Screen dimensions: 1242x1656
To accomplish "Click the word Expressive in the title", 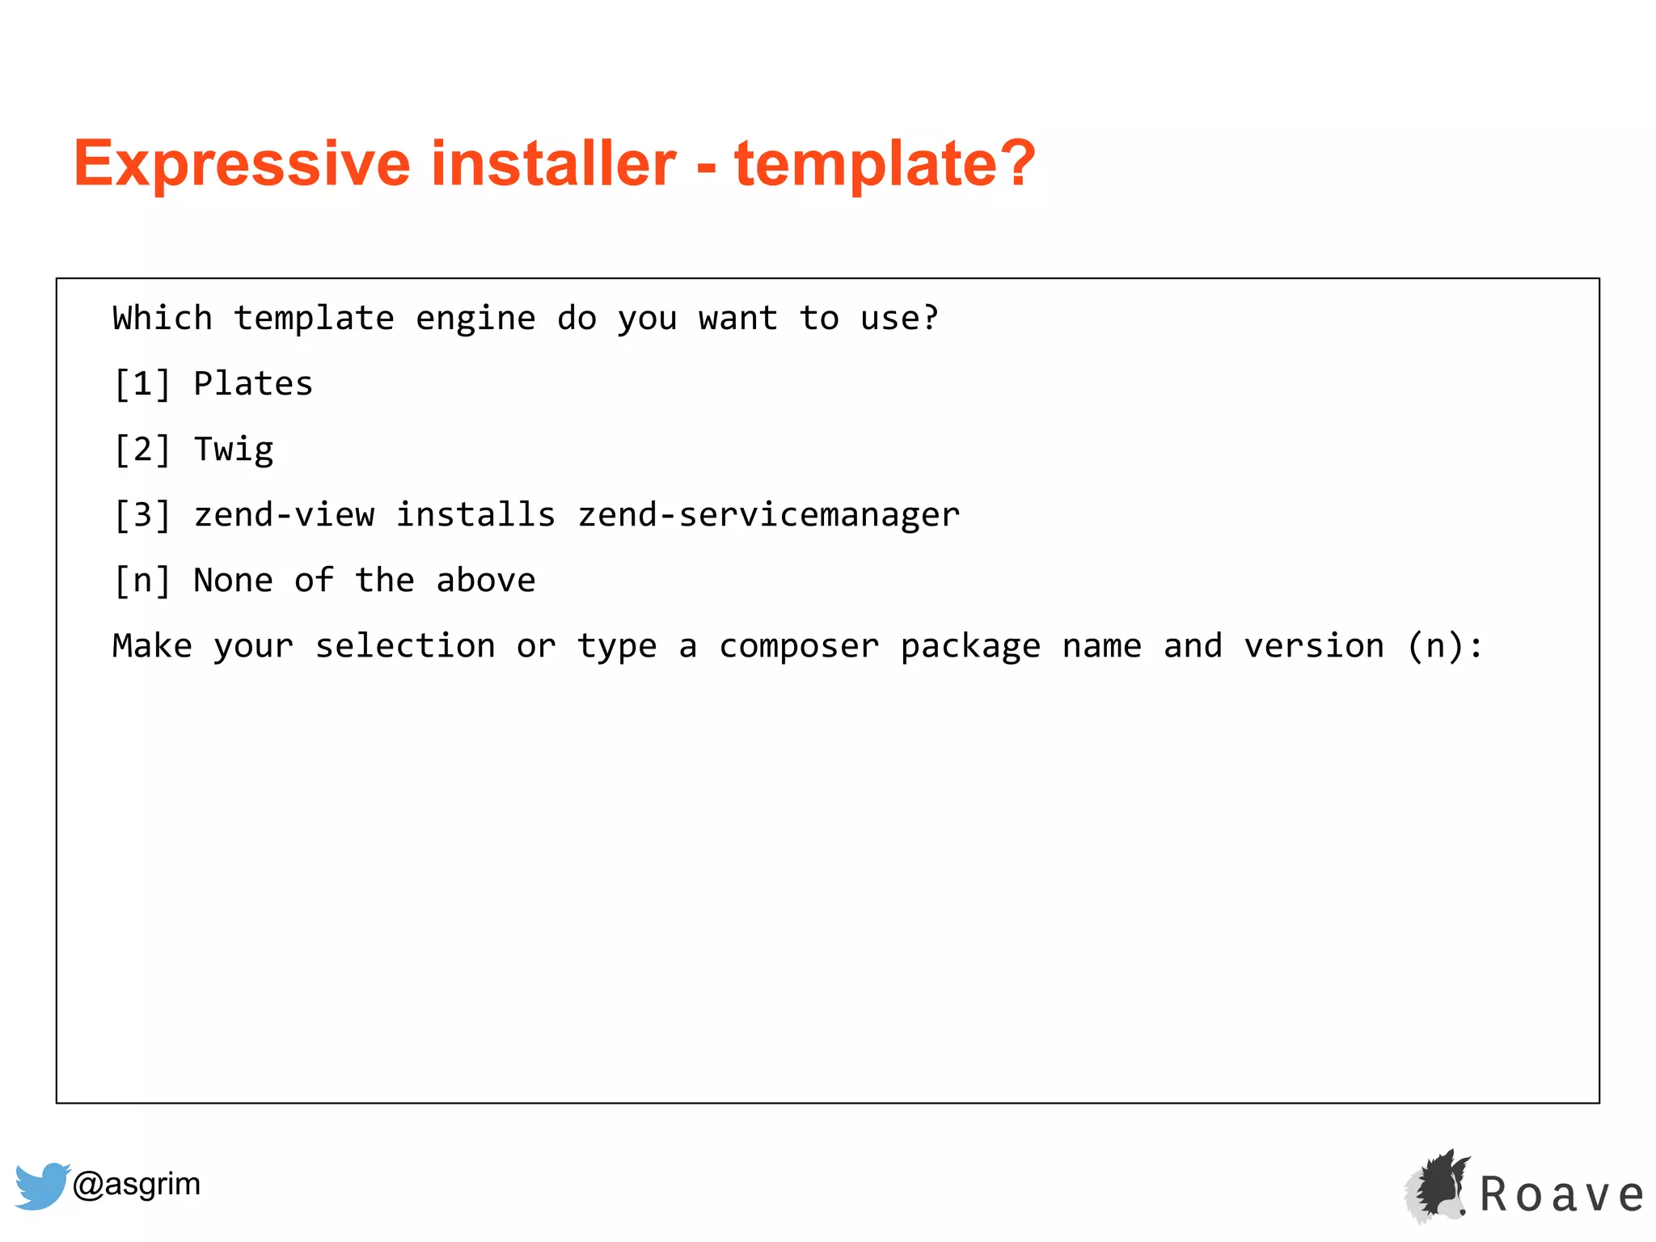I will pyautogui.click(x=242, y=164).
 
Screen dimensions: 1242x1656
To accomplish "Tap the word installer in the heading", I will pyautogui.click(x=554, y=164).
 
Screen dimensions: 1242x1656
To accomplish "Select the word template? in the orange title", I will pyautogui.click(x=885, y=164).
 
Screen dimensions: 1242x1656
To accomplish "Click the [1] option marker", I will pyautogui.click(x=142, y=384).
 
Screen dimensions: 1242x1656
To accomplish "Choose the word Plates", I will pyautogui.click(x=253, y=384).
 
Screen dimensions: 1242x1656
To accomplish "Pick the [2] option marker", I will pyautogui.click(x=142, y=450).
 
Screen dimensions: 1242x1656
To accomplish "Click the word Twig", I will pyautogui.click(x=234, y=450).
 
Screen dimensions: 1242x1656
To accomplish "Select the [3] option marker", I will pyautogui.click(x=142, y=515).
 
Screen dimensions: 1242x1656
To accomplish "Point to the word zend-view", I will pyautogui.click(x=284, y=515).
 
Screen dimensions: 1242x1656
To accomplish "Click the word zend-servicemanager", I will pyautogui.click(x=768, y=515).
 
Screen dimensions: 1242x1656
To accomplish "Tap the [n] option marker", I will pyautogui.click(x=142, y=581).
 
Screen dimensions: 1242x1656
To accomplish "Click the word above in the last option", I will pyautogui.click(x=485, y=581).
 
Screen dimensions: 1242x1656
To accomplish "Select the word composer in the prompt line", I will pyautogui.click(x=799, y=646).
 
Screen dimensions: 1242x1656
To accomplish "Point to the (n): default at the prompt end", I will pyautogui.click(x=1445, y=646).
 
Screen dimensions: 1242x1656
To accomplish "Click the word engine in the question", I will pyautogui.click(x=475, y=319).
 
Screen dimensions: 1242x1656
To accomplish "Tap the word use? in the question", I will pyautogui.click(x=899, y=319).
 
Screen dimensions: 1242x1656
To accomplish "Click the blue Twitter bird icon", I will pyautogui.click(x=42, y=1185).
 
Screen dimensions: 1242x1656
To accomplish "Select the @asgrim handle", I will pyautogui.click(x=137, y=1184).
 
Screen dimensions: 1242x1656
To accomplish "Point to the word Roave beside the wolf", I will pyautogui.click(x=1562, y=1195).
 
